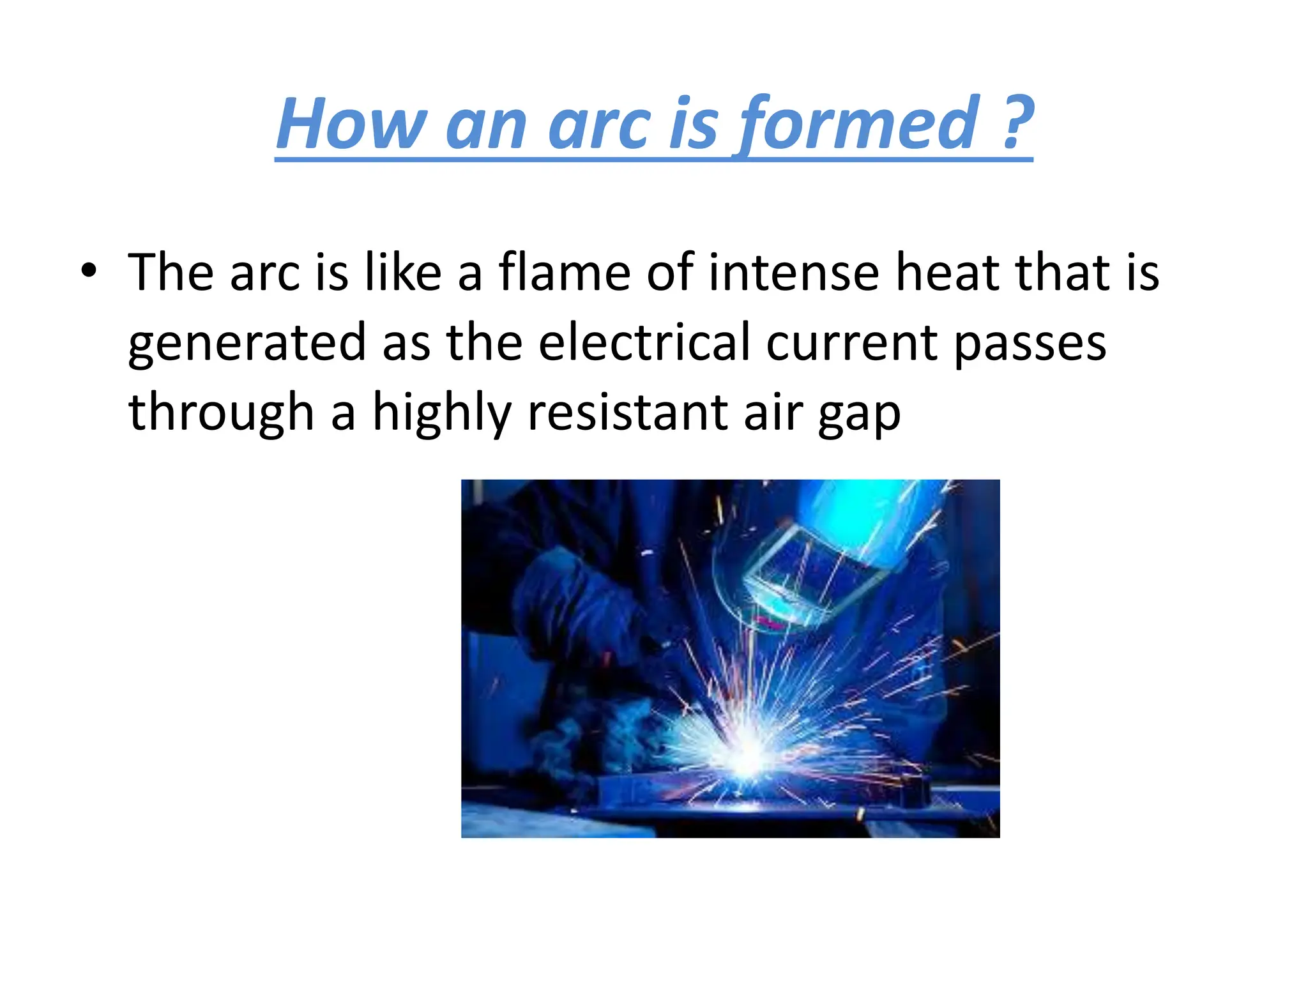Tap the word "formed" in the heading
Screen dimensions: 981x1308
click(x=859, y=123)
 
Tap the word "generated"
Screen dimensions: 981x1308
click(x=247, y=343)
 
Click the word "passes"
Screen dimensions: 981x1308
click(x=1030, y=343)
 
